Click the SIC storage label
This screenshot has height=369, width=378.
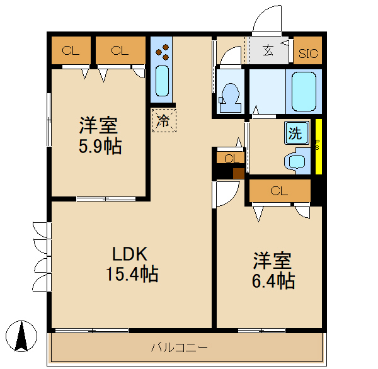(308, 54)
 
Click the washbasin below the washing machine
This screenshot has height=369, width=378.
(295, 161)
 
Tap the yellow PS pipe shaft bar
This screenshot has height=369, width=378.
(318, 147)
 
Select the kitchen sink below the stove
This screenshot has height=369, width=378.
(162, 80)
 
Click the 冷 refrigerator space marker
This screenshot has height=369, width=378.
(163, 120)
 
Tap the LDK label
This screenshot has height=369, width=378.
(130, 254)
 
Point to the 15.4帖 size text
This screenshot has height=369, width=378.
(132, 274)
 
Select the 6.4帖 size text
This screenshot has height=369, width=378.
(273, 280)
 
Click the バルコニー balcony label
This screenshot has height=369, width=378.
(179, 347)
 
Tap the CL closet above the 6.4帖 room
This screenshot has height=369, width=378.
(279, 191)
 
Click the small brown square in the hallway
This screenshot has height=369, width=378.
(238, 174)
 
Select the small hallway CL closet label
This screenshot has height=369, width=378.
(230, 159)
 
